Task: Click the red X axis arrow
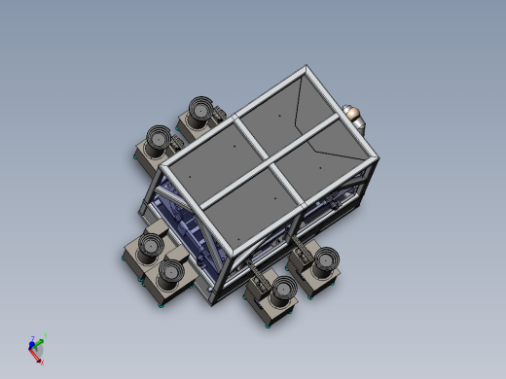38,357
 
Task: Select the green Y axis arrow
40,342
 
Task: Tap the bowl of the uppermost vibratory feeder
200,110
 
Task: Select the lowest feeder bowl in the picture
283,289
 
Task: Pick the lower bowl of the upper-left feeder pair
158,137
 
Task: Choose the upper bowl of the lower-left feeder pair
150,244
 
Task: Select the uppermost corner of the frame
308,69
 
